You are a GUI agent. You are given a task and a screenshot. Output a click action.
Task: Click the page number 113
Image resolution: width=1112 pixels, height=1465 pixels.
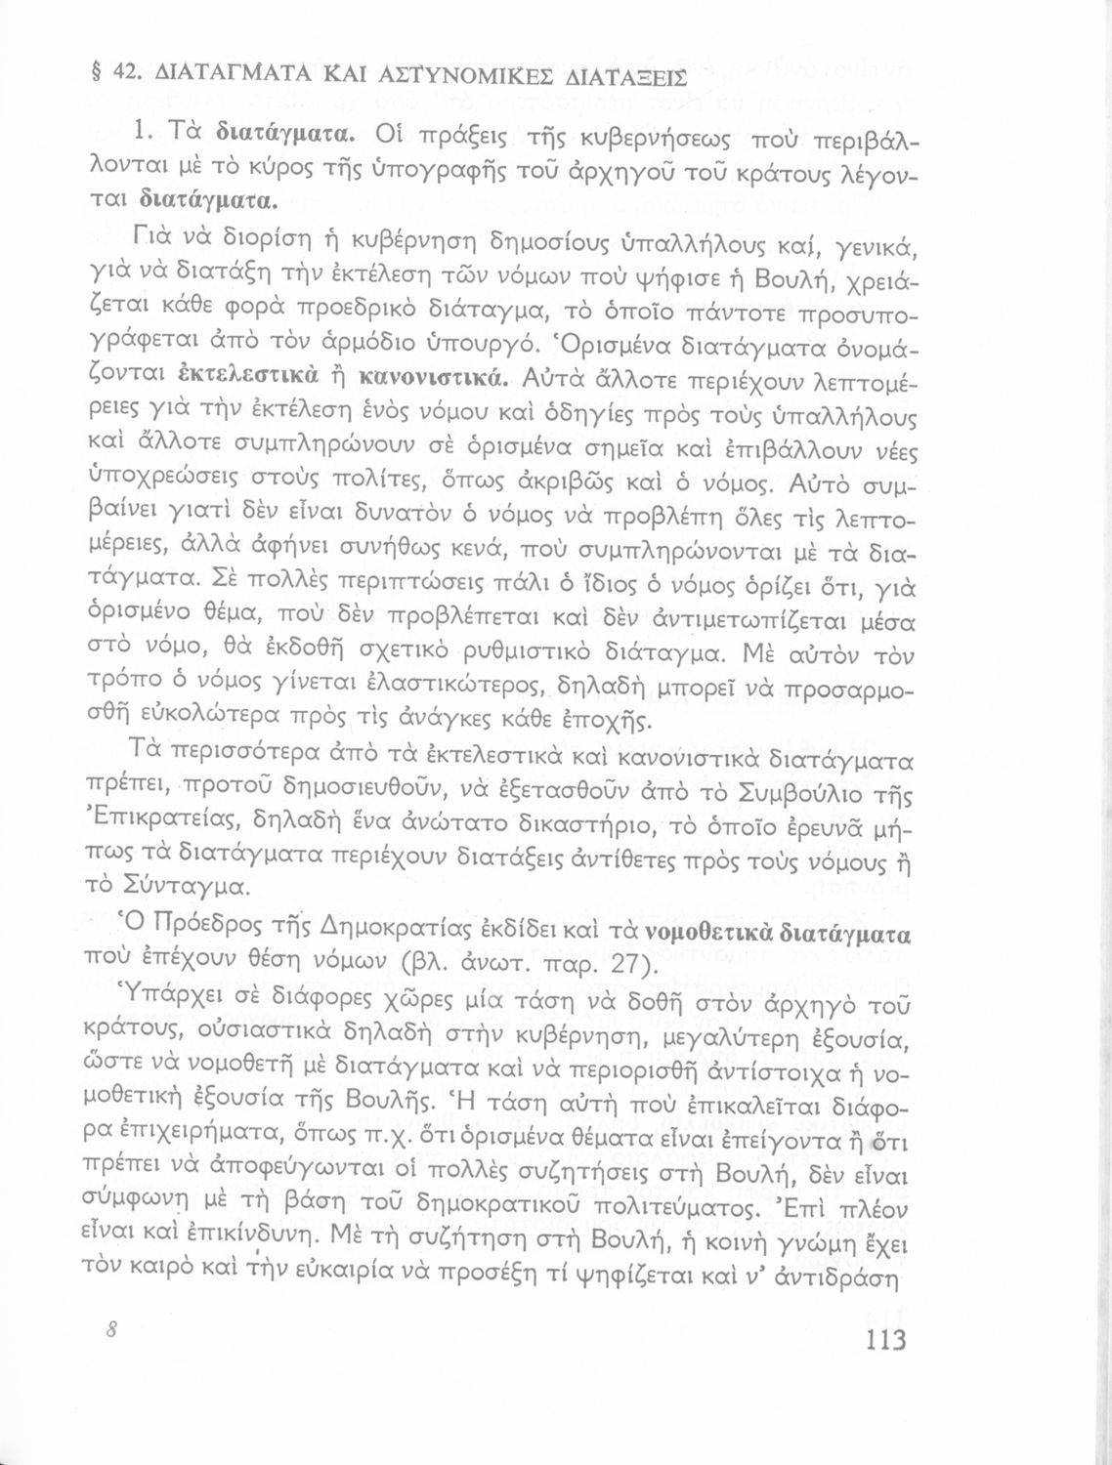[x=885, y=1338]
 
